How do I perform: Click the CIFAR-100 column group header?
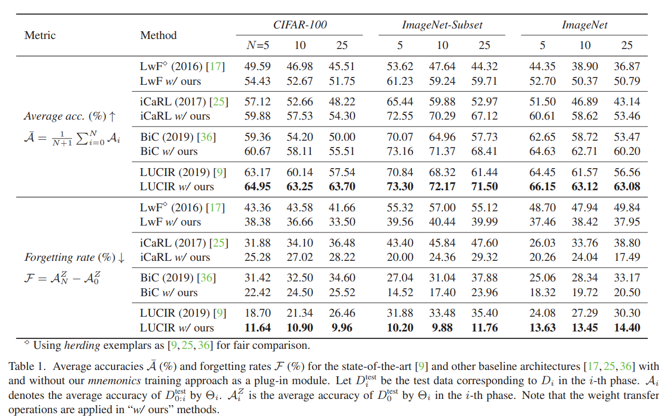click(x=300, y=25)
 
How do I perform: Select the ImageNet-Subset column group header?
click(x=442, y=25)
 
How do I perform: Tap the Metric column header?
click(x=40, y=35)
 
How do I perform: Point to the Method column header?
click(x=158, y=35)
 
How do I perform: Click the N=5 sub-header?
click(x=258, y=45)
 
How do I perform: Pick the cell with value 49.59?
click(x=258, y=67)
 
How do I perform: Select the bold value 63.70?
click(x=342, y=187)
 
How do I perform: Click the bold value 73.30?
click(x=400, y=187)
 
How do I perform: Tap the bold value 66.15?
click(x=542, y=187)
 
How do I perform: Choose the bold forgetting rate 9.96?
click(x=342, y=328)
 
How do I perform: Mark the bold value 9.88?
click(x=442, y=328)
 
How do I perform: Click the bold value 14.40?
click(x=627, y=328)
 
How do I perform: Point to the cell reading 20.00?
click(x=400, y=257)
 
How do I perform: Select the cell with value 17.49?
click(x=627, y=257)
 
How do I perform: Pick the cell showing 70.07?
click(x=400, y=137)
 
